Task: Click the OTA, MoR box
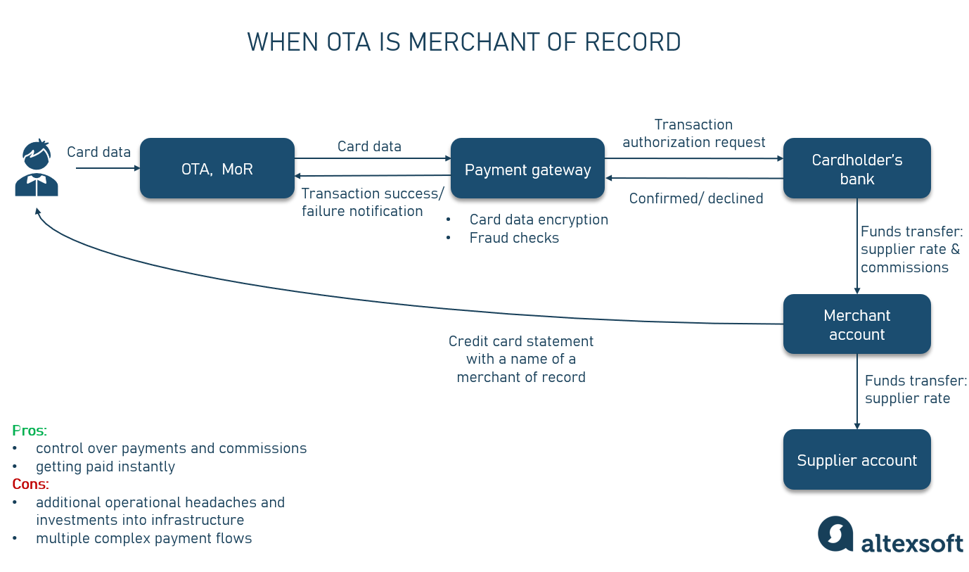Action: coord(217,169)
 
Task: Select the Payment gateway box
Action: coord(527,169)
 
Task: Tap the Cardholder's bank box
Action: coord(856,169)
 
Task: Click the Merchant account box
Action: coord(856,324)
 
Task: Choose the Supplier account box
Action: coord(856,460)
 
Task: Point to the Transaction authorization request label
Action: coord(693,133)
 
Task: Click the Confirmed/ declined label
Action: coord(695,198)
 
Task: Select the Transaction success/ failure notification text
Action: coord(373,202)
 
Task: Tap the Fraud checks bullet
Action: coord(513,238)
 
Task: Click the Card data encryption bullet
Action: coord(538,220)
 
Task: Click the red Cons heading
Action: coord(30,484)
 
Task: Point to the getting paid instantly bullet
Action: coord(105,466)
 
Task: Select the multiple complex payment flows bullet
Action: coord(143,538)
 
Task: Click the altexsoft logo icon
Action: coord(835,534)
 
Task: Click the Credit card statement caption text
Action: coord(521,359)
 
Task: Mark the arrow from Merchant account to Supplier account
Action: coord(856,390)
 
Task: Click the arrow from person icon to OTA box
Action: coord(105,168)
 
